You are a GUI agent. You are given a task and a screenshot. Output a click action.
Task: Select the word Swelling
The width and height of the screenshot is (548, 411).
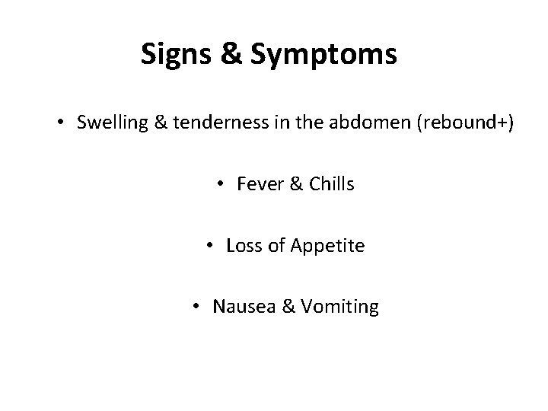106,123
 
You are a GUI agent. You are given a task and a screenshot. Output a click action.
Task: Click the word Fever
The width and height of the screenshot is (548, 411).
258,185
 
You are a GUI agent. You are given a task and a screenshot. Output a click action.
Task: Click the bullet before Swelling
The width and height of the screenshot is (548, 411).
61,123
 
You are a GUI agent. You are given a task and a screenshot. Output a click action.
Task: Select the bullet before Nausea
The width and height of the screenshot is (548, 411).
196,307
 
